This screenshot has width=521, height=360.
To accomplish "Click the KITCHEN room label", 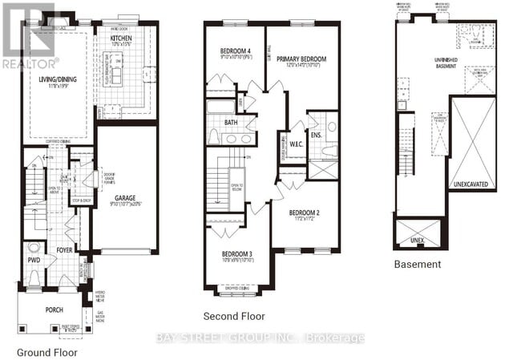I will (x=121, y=38).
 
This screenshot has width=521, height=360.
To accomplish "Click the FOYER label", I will (x=64, y=249).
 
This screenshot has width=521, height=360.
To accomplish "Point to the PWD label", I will (x=33, y=259).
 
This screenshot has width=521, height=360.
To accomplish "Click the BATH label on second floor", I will (x=232, y=123).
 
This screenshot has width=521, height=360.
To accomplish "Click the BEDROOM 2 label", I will (x=305, y=212).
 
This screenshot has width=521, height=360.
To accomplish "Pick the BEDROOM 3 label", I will (x=238, y=254).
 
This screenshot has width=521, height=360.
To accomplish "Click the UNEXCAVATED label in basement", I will (x=470, y=183).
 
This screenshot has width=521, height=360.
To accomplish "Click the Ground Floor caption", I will (x=46, y=351).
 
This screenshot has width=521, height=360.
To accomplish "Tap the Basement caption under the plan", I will (x=417, y=264).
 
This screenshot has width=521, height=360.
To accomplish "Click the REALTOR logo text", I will (x=30, y=62).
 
